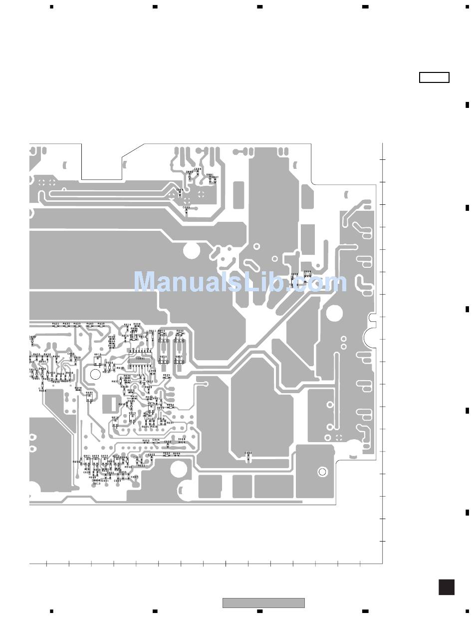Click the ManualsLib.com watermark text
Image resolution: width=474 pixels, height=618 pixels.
click(x=240, y=282)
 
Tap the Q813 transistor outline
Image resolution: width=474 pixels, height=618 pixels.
click(x=98, y=360)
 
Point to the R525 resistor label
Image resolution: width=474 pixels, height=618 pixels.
click(x=167, y=375)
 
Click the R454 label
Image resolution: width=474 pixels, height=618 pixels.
click(x=42, y=390)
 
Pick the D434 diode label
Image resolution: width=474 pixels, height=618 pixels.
click(x=42, y=369)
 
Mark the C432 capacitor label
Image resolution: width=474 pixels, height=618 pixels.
click(x=52, y=373)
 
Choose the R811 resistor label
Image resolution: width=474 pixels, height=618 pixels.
click(x=153, y=331)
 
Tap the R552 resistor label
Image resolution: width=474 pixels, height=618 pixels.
click(x=167, y=453)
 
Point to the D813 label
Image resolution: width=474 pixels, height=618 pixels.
click(x=97, y=484)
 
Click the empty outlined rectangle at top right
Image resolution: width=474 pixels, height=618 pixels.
click(x=434, y=77)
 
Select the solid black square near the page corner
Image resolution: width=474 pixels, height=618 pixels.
click(x=447, y=587)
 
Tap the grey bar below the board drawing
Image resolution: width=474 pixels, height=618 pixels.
click(x=263, y=603)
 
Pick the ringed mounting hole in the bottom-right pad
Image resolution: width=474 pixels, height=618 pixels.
click(x=322, y=472)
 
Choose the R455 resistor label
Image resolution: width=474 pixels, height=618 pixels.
click(x=36, y=354)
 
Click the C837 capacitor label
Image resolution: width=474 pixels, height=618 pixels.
click(x=215, y=177)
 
